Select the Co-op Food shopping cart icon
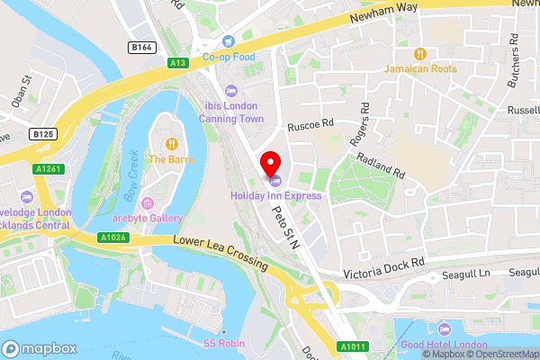pyautogui.click(x=229, y=40)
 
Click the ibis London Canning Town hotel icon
pyautogui.click(x=230, y=89)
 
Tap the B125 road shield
pyautogui.click(x=41, y=134)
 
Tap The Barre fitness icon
pyautogui.click(x=170, y=143)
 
